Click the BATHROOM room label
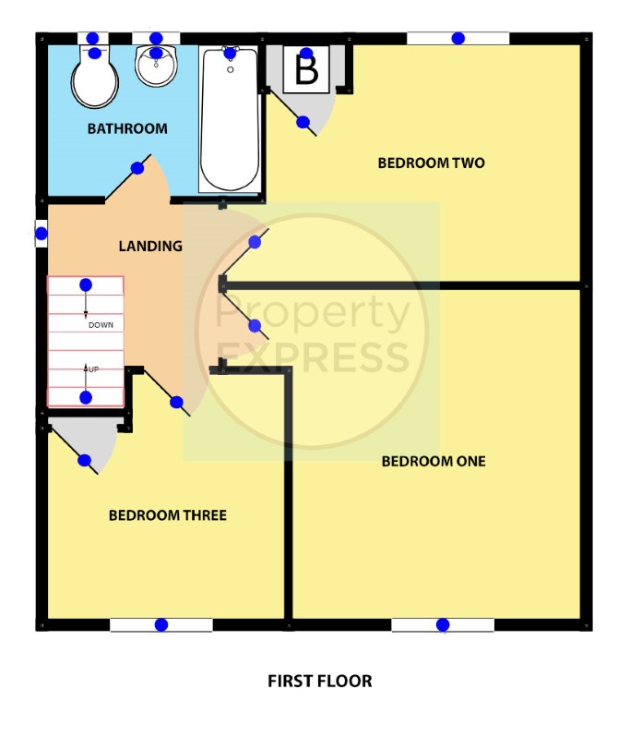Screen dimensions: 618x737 (x=127, y=128)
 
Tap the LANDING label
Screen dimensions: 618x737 (x=150, y=246)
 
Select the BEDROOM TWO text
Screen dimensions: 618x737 (x=431, y=163)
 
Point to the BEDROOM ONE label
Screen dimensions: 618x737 (x=434, y=461)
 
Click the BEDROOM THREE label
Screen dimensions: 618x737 (x=168, y=515)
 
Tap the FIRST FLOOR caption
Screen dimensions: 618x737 (x=320, y=681)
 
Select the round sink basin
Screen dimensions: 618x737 (x=157, y=66)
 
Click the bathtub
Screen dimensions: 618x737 (x=230, y=119)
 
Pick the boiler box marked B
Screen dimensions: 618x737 (x=306, y=69)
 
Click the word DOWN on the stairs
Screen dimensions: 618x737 (x=101, y=325)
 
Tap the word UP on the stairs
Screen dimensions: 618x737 (x=93, y=369)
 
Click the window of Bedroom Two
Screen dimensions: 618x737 (x=458, y=39)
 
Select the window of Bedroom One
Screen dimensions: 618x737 (x=443, y=624)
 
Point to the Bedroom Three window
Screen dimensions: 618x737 (x=161, y=624)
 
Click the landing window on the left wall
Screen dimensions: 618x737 (x=42, y=233)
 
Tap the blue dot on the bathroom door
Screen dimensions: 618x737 (x=137, y=168)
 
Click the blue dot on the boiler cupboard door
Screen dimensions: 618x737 (x=303, y=122)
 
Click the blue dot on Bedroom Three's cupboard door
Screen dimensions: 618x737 (x=84, y=460)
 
